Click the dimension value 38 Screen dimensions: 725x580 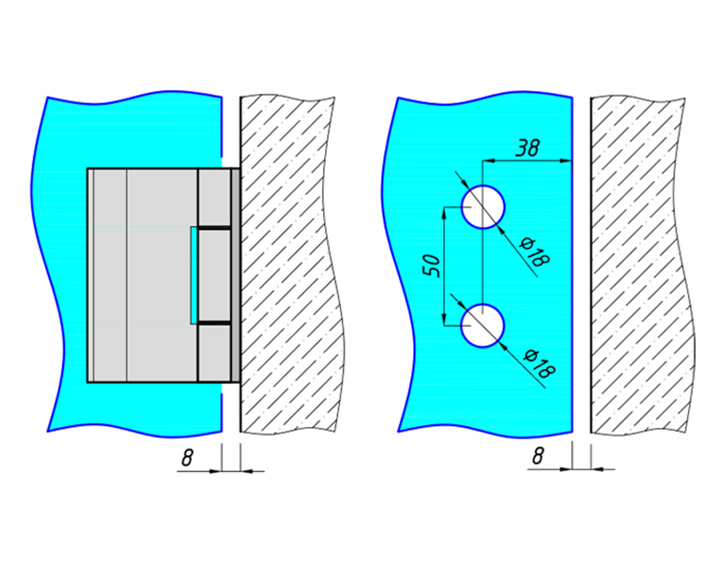[x=528, y=148]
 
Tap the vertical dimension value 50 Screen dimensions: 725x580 [x=432, y=266]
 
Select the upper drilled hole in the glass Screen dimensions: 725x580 [x=483, y=207]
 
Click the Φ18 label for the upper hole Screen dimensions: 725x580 [x=535, y=252]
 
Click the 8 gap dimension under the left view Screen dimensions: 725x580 [x=188, y=458]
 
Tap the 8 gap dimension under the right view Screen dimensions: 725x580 [x=538, y=456]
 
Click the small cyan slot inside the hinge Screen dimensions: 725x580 [x=194, y=275]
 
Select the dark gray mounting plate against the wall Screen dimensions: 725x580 [x=235, y=275]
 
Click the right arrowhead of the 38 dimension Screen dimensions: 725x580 [x=566, y=161]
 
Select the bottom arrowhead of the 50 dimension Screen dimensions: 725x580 [x=444, y=319]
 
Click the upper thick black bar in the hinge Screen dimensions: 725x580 [x=214, y=228]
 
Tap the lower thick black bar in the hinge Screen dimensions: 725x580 [x=214, y=323]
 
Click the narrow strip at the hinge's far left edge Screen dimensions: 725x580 [x=91, y=275]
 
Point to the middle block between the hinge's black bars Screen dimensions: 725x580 [x=215, y=275]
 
